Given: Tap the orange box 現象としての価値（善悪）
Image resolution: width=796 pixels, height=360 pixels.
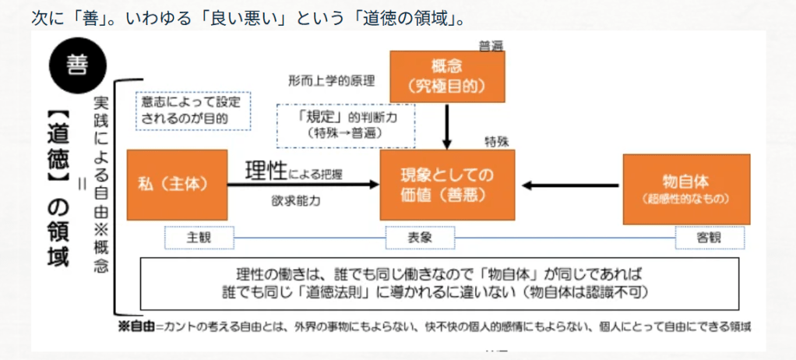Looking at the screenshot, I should tap(447, 185).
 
